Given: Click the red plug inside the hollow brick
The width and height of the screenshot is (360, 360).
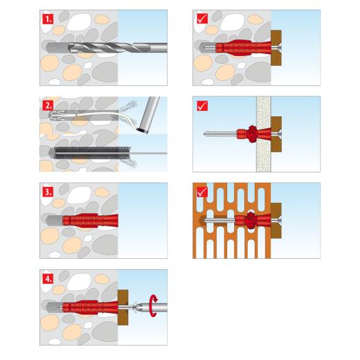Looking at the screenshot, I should coord(246,221).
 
